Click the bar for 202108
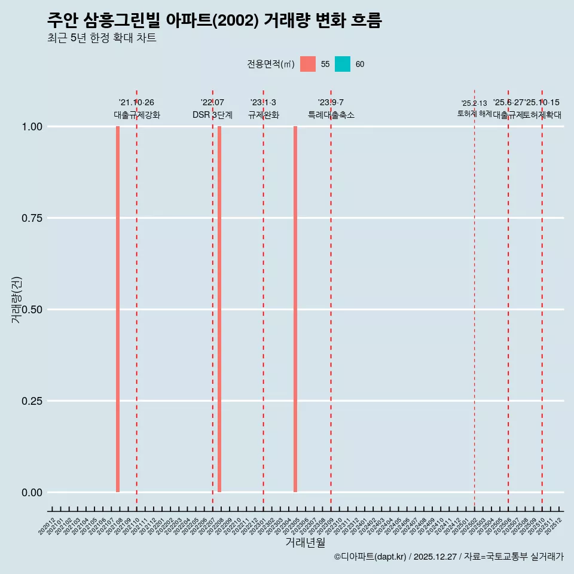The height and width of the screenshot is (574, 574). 118,309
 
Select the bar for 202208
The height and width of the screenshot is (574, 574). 219,309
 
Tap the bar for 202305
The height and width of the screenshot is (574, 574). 295,309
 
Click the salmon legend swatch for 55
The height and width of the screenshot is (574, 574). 308,64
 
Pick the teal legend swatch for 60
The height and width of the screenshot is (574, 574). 343,64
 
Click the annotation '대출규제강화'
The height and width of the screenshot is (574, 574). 137,115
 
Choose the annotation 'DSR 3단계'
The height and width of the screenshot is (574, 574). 212,115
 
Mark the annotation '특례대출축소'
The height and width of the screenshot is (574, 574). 331,115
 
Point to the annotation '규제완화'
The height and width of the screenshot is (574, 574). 264,115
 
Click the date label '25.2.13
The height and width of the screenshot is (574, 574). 474,103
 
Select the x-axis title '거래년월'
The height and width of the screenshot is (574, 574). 306,542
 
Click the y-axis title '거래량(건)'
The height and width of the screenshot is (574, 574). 17,300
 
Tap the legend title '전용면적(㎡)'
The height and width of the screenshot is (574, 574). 270,64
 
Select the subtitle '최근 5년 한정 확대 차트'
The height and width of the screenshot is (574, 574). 102,38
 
